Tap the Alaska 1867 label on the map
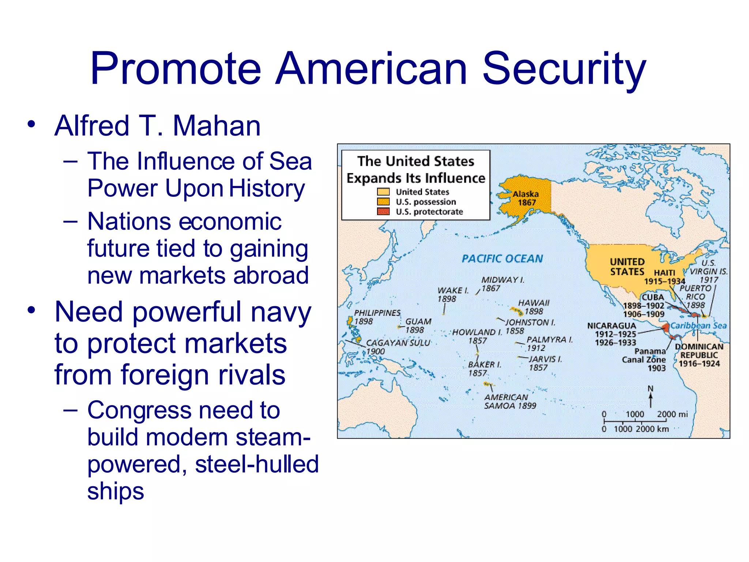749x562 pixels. coord(526,198)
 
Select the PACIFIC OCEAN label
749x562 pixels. coord(502,259)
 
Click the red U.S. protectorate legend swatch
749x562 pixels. coord(383,211)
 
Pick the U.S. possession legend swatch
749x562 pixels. coord(383,202)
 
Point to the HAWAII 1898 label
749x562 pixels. coord(534,307)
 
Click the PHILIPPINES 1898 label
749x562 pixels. coord(377,317)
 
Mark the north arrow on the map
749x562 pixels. coord(650,397)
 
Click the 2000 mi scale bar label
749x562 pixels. coord(672,414)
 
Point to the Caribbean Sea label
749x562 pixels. coord(698,326)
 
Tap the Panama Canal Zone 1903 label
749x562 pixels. coord(644,360)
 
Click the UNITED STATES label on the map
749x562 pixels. coord(627,266)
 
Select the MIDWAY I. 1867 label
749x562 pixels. coord(503,284)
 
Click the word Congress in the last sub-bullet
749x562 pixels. coord(139,410)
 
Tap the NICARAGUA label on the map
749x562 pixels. coord(611,326)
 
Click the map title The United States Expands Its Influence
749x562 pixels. coord(416,169)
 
